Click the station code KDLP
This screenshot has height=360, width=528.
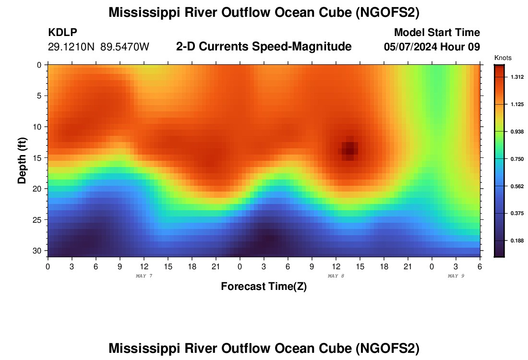coord(62,33)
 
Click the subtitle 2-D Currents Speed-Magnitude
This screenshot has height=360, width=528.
coord(264,47)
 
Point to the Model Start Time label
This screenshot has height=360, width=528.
coord(437,33)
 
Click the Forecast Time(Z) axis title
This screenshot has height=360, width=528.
coord(264,287)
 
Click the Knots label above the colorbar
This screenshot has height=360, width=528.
coord(503,58)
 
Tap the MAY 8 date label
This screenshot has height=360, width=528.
coord(336,276)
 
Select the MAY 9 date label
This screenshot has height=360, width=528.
coord(456,276)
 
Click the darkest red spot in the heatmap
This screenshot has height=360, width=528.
coord(350,148)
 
